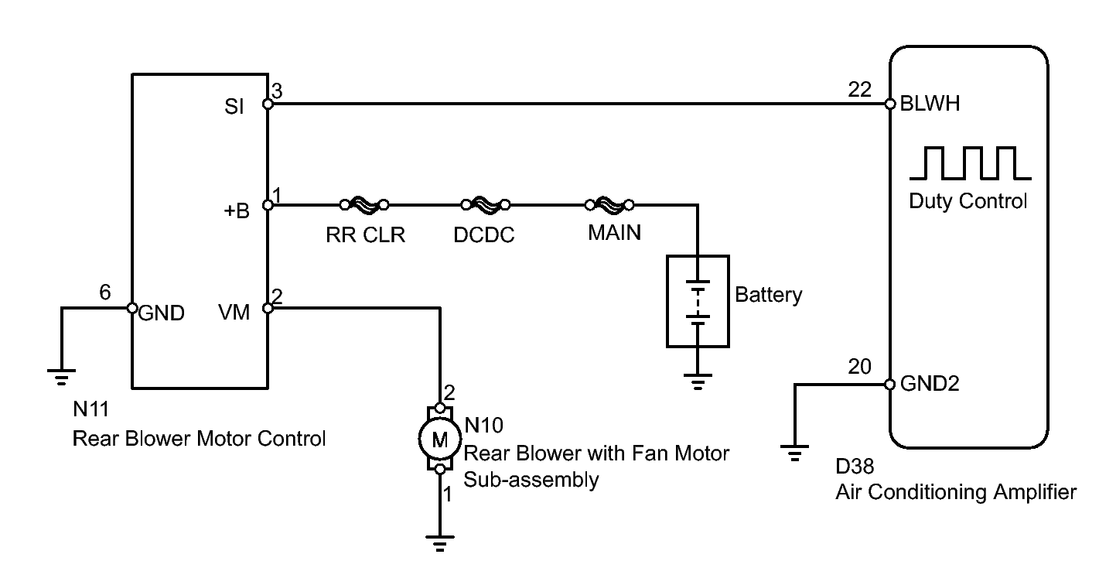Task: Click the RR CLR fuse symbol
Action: [364, 204]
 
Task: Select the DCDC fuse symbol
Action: [486, 204]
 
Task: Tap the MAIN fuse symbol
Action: [609, 204]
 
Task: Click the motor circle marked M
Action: [439, 439]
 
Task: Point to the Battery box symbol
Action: [698, 301]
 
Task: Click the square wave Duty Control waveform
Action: [970, 163]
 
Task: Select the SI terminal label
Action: [234, 107]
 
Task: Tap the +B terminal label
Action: [237, 210]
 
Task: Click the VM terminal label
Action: [234, 312]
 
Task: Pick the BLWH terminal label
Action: [930, 104]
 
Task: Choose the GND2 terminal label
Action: [930, 383]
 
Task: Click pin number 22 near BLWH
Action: [859, 89]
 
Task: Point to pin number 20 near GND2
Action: [859, 367]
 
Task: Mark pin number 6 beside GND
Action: [105, 292]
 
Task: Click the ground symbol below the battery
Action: [698, 381]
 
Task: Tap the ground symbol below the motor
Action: [439, 543]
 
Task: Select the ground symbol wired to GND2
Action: [794, 453]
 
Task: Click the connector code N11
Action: [90, 409]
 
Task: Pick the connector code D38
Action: [855, 467]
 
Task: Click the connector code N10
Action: [483, 425]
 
